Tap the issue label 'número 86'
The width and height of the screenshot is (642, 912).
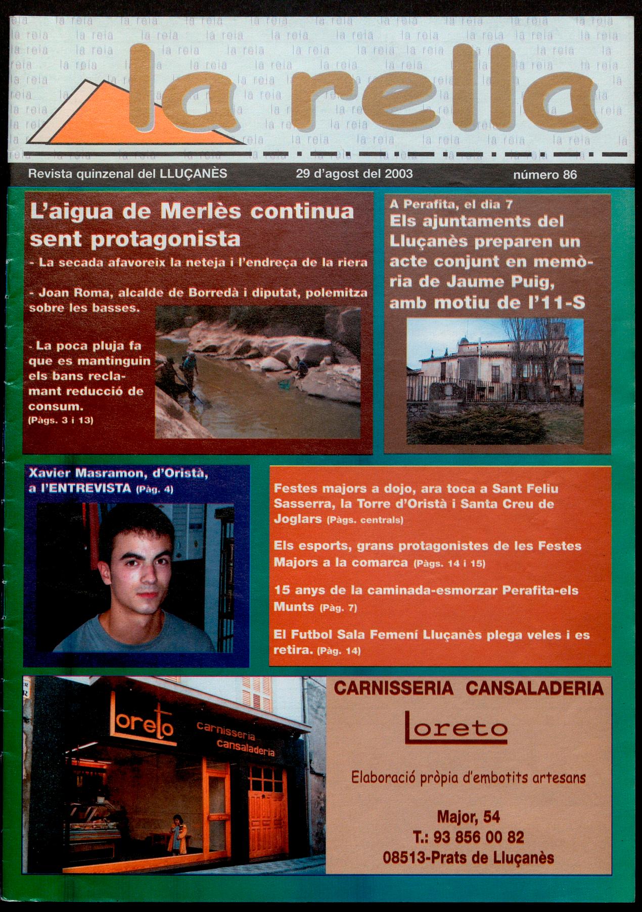tap(544, 175)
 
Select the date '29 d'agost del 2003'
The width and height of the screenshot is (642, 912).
tap(354, 174)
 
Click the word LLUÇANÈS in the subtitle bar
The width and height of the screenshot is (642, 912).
tap(193, 174)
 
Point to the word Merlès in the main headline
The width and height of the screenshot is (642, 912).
tap(201, 211)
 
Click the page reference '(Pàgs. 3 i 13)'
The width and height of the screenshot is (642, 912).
tap(61, 420)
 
